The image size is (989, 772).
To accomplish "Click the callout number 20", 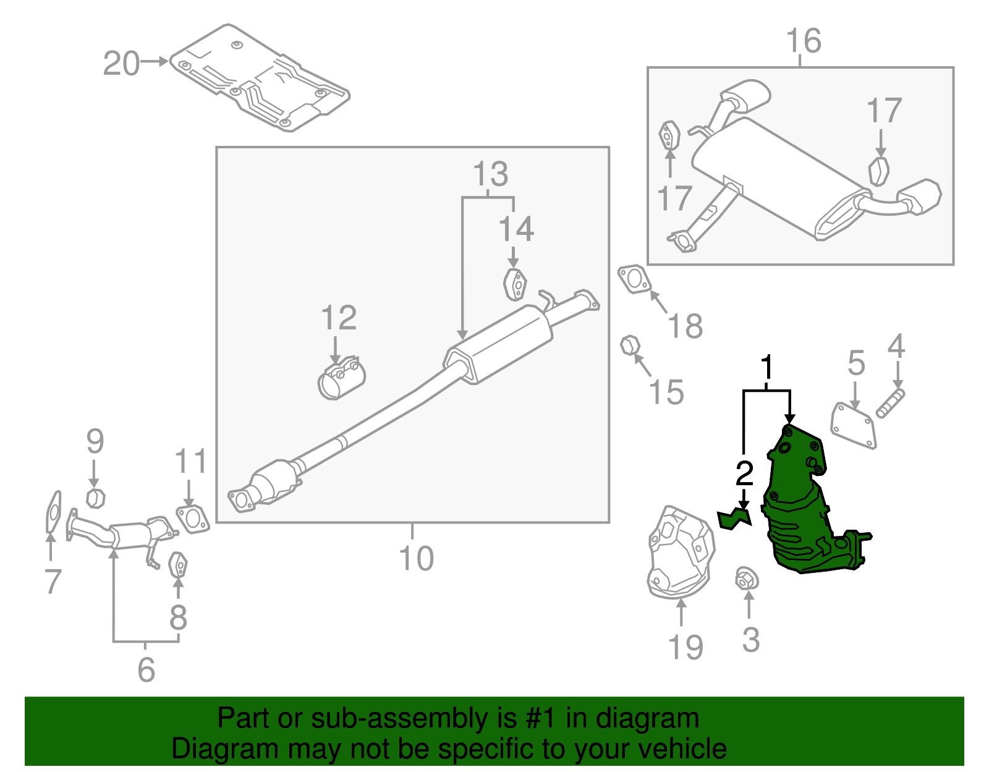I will pyautogui.click(x=121, y=64).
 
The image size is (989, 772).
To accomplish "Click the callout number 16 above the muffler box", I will pyautogui.click(x=803, y=41).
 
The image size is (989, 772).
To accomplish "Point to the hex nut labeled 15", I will pyautogui.click(x=629, y=345).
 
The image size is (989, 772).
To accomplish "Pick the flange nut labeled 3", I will pyautogui.click(x=747, y=580).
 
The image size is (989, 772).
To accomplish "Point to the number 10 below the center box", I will pyautogui.click(x=416, y=558).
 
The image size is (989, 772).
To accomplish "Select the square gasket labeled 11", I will pyautogui.click(x=192, y=519).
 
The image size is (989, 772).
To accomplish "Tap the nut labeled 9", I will pyautogui.click(x=95, y=498).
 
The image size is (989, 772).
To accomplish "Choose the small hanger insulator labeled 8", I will pyautogui.click(x=178, y=564).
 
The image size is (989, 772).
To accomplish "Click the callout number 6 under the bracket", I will pyautogui.click(x=146, y=670).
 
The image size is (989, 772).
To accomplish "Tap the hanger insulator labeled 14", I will pyautogui.click(x=514, y=284).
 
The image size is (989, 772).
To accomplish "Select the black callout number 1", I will pyautogui.click(x=766, y=368).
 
